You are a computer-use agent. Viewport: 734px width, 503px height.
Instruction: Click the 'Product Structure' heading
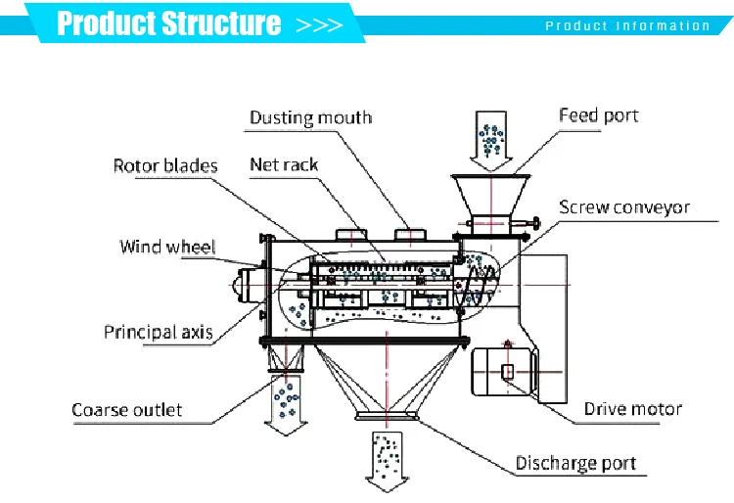pos(168,23)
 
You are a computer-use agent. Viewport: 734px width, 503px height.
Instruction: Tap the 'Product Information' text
pos(627,26)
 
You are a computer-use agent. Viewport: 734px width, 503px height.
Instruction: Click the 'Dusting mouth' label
pos(310,118)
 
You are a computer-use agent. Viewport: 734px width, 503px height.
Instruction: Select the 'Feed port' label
pos(598,115)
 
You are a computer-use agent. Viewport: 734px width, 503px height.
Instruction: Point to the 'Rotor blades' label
pos(165,165)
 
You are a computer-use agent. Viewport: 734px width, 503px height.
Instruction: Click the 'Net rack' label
pos(284,165)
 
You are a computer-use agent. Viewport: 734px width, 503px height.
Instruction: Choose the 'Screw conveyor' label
pos(624,207)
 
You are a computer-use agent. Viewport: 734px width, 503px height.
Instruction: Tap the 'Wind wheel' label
pos(167,246)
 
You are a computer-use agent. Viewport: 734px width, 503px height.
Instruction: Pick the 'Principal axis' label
pos(159,332)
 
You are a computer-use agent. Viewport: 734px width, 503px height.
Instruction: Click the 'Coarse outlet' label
pos(127,409)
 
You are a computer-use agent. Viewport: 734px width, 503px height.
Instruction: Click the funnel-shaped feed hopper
pos(490,196)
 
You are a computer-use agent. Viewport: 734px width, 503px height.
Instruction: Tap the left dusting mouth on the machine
pos(349,235)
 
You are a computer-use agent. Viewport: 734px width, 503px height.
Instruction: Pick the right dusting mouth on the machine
pos(410,235)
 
